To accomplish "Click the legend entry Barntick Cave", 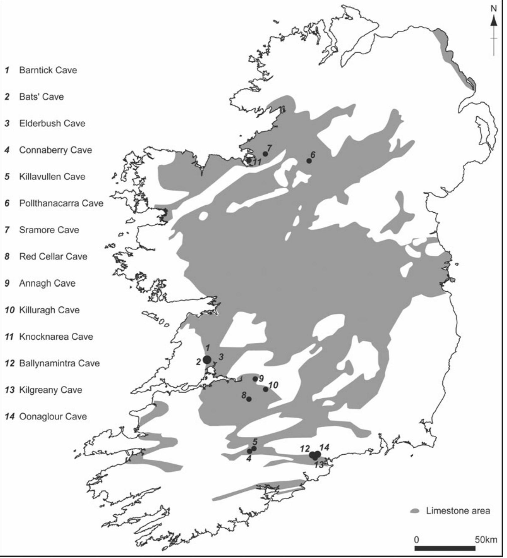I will tap(48, 70).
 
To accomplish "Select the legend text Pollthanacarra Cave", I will tap(61, 203).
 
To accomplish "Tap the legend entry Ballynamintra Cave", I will tap(59, 363).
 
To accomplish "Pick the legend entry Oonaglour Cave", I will tap(53, 416).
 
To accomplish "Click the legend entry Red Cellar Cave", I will tap(53, 257).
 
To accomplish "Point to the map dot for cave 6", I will tap(309, 161).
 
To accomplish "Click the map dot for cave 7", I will tap(265, 154).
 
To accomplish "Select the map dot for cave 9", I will tap(255, 379).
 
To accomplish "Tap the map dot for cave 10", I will tap(265, 389).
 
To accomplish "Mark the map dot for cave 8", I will tap(249, 399).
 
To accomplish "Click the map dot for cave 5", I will tap(254, 448).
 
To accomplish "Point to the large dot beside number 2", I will tap(207, 360).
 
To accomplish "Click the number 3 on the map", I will tap(221, 357).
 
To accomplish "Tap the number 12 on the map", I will tap(305, 449).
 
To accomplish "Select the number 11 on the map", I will tap(257, 162).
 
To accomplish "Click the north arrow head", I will tap(494, 21).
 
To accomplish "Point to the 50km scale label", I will tap(486, 540).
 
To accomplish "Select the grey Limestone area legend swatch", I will tap(415, 511).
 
